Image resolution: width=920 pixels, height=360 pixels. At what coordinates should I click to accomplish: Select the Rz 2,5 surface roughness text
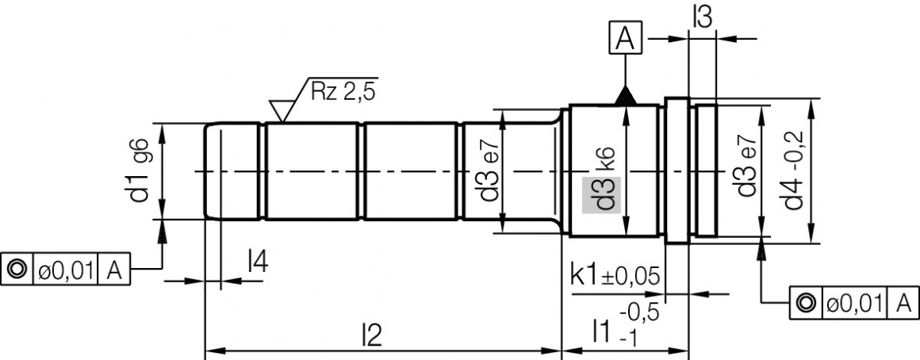pos(343,90)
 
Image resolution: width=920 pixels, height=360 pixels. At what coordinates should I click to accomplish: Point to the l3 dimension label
pos(701,17)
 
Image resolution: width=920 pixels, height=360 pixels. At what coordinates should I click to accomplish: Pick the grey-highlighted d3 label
pos(602,194)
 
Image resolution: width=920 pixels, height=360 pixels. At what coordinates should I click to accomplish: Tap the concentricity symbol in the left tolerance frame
pos(17,270)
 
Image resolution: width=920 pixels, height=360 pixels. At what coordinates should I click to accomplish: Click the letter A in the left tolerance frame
pos(113,270)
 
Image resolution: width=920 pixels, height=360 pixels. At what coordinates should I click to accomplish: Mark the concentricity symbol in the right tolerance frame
pos(806,302)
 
